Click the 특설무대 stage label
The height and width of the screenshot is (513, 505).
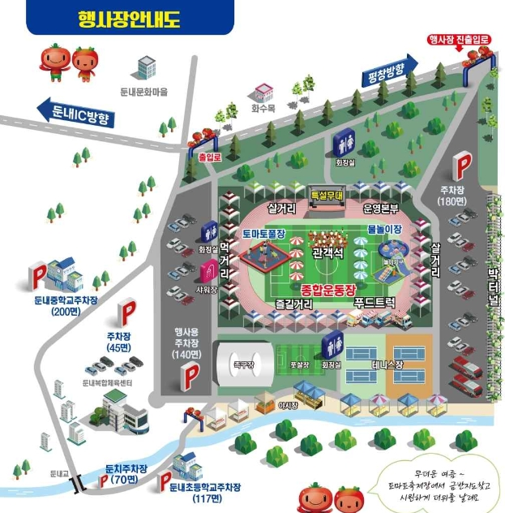[x=327, y=195]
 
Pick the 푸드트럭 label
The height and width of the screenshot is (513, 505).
[x=374, y=302]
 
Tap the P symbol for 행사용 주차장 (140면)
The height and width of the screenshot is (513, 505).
[x=191, y=375]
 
